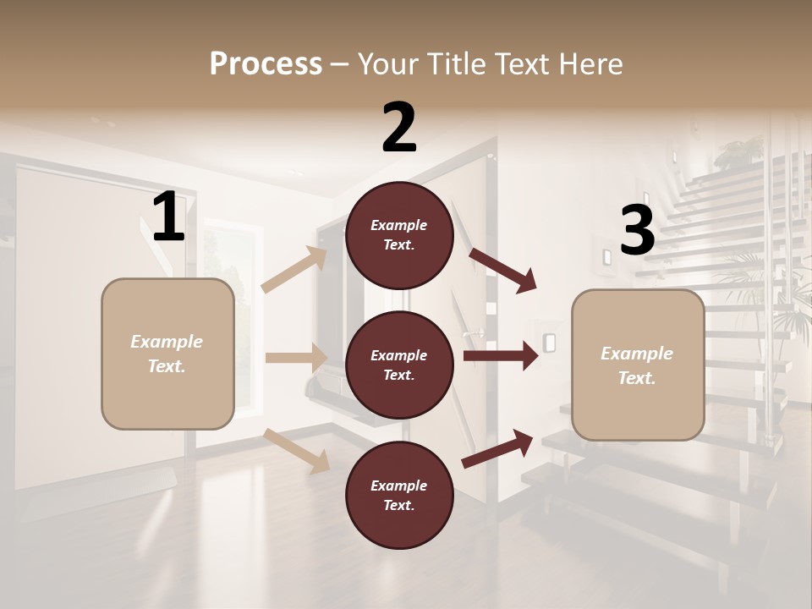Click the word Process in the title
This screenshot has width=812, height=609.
point(266,63)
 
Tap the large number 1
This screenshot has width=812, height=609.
point(168,217)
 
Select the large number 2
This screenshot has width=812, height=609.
point(399,128)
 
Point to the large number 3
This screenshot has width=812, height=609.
point(637,230)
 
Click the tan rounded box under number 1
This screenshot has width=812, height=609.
point(167,354)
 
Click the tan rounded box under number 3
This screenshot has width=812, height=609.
point(638,365)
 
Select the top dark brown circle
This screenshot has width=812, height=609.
point(399,235)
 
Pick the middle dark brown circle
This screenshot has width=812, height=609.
point(399,365)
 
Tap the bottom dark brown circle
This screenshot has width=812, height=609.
point(399,496)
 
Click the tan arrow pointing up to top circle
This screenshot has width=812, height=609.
point(295,270)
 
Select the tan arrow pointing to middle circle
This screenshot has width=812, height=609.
point(296,358)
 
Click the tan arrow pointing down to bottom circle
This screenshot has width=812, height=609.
point(297,450)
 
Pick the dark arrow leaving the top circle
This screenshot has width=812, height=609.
point(503,270)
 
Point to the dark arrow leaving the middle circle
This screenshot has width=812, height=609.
point(501,356)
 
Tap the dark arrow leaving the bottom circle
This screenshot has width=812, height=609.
point(498,448)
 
